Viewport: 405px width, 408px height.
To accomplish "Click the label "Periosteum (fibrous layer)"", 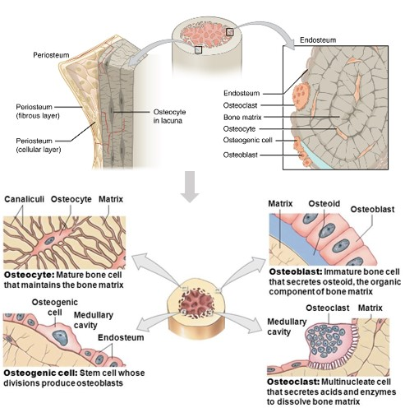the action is point(38,111).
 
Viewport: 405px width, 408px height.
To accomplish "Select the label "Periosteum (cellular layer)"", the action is point(39,145).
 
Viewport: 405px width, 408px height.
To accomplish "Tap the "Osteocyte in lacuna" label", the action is point(169,116).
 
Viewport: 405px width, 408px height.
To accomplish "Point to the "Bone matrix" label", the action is point(242,118).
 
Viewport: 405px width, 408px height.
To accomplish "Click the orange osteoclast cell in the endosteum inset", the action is point(301,96).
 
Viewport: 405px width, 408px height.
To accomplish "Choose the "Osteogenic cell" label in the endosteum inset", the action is point(247,140).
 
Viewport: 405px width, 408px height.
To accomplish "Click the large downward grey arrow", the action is point(190,187).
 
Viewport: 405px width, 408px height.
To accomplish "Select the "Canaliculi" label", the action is point(24,199).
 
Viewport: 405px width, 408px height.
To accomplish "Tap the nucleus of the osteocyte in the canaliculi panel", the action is point(49,241).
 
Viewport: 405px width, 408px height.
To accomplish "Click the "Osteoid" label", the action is point(324,203).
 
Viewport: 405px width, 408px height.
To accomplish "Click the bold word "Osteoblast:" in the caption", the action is point(296,271).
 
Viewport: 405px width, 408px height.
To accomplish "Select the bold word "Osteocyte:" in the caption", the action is point(30,275).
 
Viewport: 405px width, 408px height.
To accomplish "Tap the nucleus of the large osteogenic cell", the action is point(61,337).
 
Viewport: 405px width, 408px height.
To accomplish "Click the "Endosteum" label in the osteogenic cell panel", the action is point(121,337).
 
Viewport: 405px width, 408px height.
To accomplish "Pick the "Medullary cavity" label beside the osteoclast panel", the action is point(287,327).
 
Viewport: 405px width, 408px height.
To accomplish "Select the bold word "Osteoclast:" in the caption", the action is point(293,382).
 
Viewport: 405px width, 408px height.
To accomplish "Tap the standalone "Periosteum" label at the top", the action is point(51,55).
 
